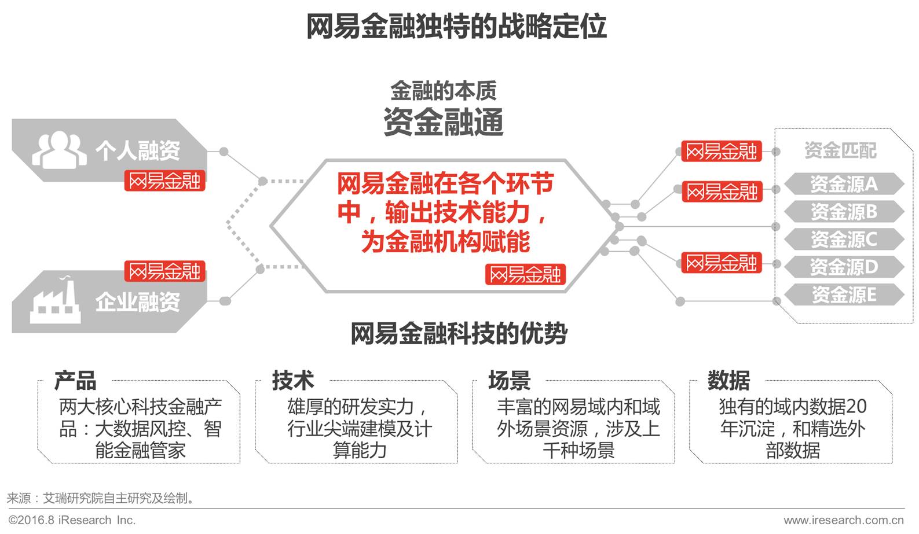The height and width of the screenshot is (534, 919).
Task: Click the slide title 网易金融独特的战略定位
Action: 456,27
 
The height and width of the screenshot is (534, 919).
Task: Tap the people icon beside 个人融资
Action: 60,149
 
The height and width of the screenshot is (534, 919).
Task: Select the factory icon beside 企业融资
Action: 55,301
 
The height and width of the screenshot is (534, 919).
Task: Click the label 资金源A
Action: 843,184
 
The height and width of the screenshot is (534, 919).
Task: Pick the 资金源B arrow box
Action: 843,212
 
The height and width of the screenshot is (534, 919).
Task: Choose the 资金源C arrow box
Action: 843,239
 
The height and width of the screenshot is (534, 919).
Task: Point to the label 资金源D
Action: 843,267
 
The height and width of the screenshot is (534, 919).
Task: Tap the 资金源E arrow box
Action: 843,294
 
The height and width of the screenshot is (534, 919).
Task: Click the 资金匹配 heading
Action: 840,150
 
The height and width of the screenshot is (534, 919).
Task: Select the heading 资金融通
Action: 444,122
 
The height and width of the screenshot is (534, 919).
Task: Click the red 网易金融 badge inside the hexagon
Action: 525,274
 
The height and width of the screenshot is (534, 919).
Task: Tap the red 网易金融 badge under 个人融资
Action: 165,181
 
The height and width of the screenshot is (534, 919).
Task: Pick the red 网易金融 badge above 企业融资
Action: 165,271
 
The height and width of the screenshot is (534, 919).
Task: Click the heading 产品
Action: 75,381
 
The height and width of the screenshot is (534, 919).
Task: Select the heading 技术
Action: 293,381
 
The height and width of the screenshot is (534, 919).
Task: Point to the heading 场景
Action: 510,381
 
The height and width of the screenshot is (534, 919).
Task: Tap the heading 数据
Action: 728,381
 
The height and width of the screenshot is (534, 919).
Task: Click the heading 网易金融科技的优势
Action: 459,334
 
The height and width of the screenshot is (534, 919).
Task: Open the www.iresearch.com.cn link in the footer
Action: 844,520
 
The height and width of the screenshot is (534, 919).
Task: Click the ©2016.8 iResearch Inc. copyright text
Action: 72,520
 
